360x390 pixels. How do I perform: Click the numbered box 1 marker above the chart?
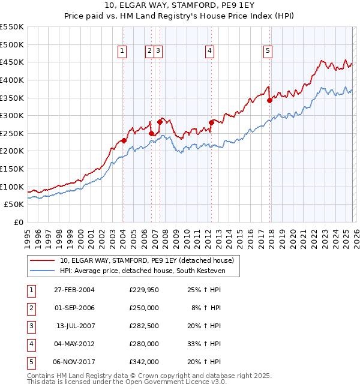(122, 52)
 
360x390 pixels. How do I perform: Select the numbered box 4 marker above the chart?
(209, 52)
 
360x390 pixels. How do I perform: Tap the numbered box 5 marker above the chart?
(268, 52)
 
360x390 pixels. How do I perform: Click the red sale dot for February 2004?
(124, 140)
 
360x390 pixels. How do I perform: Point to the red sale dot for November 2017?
(269, 100)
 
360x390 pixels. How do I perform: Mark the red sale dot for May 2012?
(211, 122)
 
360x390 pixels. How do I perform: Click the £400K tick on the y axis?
(12, 80)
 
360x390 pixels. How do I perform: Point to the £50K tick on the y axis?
(14, 204)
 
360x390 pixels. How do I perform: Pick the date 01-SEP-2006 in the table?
(74, 307)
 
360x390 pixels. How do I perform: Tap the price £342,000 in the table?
(144, 362)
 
